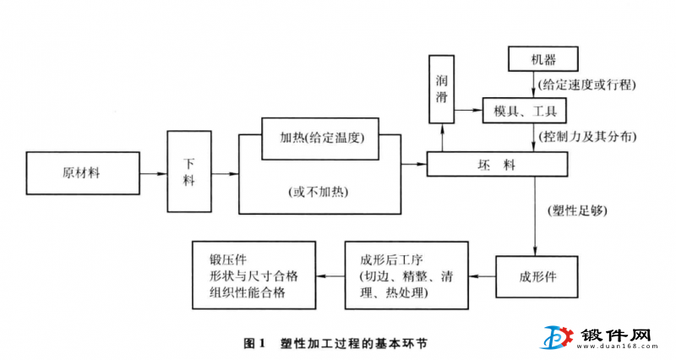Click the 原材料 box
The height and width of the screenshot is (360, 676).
(82, 172)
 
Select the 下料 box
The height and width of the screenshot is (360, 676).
(188, 172)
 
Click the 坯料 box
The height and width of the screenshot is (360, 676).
(482, 164)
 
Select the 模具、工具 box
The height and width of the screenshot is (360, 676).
(524, 111)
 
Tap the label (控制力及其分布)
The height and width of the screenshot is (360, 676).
(586, 136)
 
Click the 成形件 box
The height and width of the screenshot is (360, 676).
(542, 276)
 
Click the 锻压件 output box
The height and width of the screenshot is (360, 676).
(253, 275)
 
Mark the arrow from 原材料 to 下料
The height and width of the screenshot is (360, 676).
(153, 172)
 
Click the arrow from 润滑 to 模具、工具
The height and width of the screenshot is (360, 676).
(469, 111)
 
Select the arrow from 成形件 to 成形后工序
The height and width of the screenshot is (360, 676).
(482, 276)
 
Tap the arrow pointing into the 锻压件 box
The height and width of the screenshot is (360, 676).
(330, 275)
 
